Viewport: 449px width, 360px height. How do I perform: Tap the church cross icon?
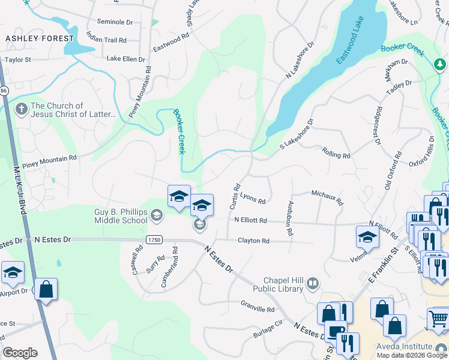click(21, 109)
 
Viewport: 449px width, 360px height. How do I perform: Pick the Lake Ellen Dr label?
click(125, 59)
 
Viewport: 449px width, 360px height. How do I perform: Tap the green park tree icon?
click(440, 64)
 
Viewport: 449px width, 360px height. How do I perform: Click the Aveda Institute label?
click(404, 346)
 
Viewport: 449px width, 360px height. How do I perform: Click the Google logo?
click(20, 352)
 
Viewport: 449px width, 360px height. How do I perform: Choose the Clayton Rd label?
click(253, 241)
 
